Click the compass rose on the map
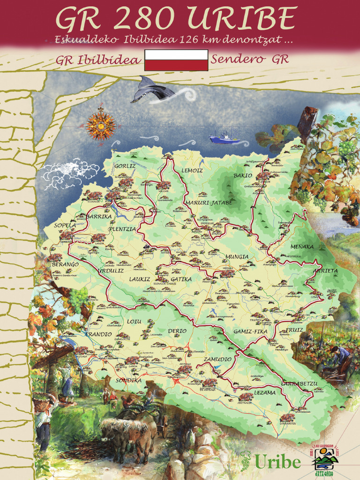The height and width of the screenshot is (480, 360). pyautogui.click(x=100, y=124)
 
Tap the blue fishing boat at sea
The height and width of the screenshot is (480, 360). pyautogui.click(x=224, y=138)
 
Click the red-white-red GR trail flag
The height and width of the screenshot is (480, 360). pyautogui.click(x=176, y=60)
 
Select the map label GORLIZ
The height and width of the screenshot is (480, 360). pyautogui.click(x=125, y=166)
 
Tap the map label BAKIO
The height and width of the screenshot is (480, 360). pyautogui.click(x=243, y=176)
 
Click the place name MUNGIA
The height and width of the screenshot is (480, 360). pyautogui.click(x=237, y=257)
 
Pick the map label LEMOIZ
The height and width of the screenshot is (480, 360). pyautogui.click(x=192, y=170)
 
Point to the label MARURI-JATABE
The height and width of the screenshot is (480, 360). pyautogui.click(x=209, y=202)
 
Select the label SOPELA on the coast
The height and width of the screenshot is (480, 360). pyautogui.click(x=65, y=225)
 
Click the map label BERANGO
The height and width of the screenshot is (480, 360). pyautogui.click(x=65, y=265)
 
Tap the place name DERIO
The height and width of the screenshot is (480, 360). pyautogui.click(x=177, y=331)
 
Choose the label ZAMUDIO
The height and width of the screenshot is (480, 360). pyautogui.click(x=217, y=359)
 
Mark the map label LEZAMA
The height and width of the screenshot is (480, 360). pyautogui.click(x=265, y=393)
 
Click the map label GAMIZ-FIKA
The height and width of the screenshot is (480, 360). pyautogui.click(x=250, y=332)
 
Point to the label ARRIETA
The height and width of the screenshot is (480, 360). pyautogui.click(x=325, y=270)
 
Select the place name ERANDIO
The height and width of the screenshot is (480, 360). pyautogui.click(x=98, y=334)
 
